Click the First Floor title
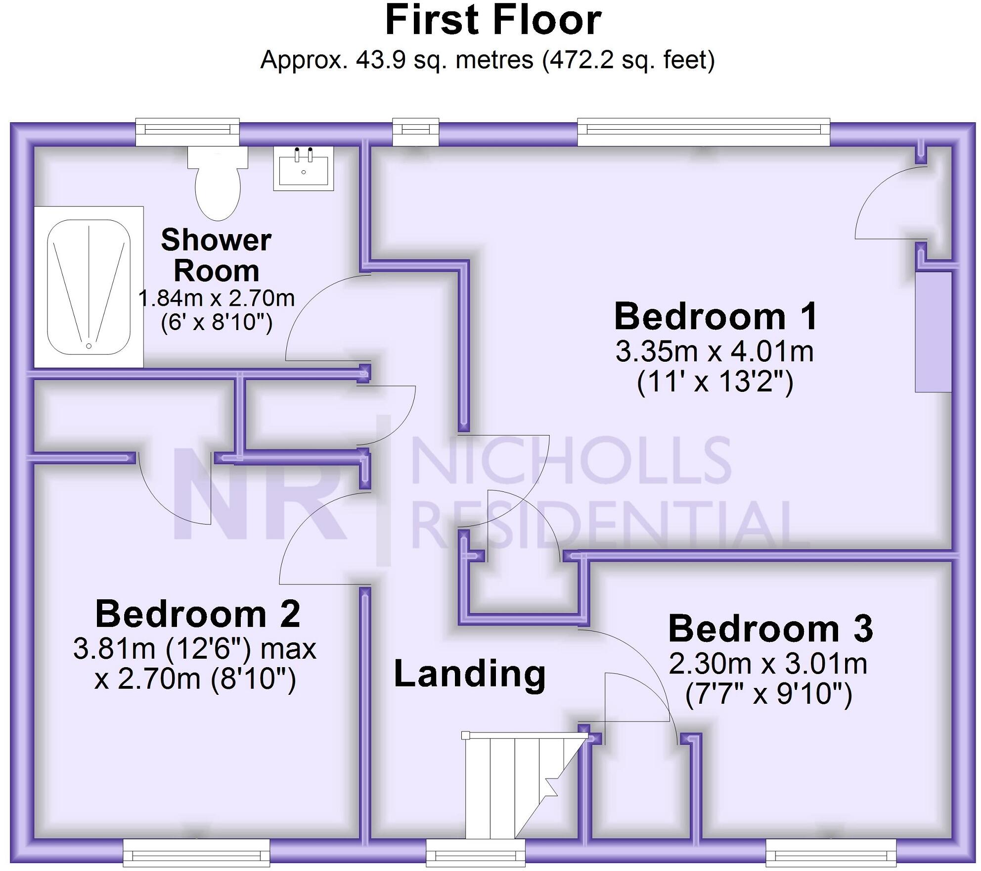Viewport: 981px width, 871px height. click(x=493, y=20)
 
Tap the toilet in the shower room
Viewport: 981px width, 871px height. click(x=218, y=183)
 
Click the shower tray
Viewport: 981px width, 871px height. click(x=89, y=287)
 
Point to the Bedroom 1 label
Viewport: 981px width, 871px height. click(x=715, y=317)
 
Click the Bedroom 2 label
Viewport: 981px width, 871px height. click(x=198, y=614)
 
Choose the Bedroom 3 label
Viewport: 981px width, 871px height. click(x=770, y=629)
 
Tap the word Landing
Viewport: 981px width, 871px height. click(x=470, y=674)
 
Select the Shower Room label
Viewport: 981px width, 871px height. click(x=216, y=255)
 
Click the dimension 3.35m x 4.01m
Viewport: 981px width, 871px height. click(x=714, y=352)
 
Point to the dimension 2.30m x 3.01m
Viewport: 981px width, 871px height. click(x=768, y=664)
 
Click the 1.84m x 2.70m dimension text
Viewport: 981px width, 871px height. click(x=217, y=298)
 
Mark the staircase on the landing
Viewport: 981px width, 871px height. click(x=519, y=787)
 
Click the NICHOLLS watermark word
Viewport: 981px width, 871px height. click(x=571, y=460)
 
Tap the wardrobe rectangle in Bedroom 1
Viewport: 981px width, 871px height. click(x=933, y=332)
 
